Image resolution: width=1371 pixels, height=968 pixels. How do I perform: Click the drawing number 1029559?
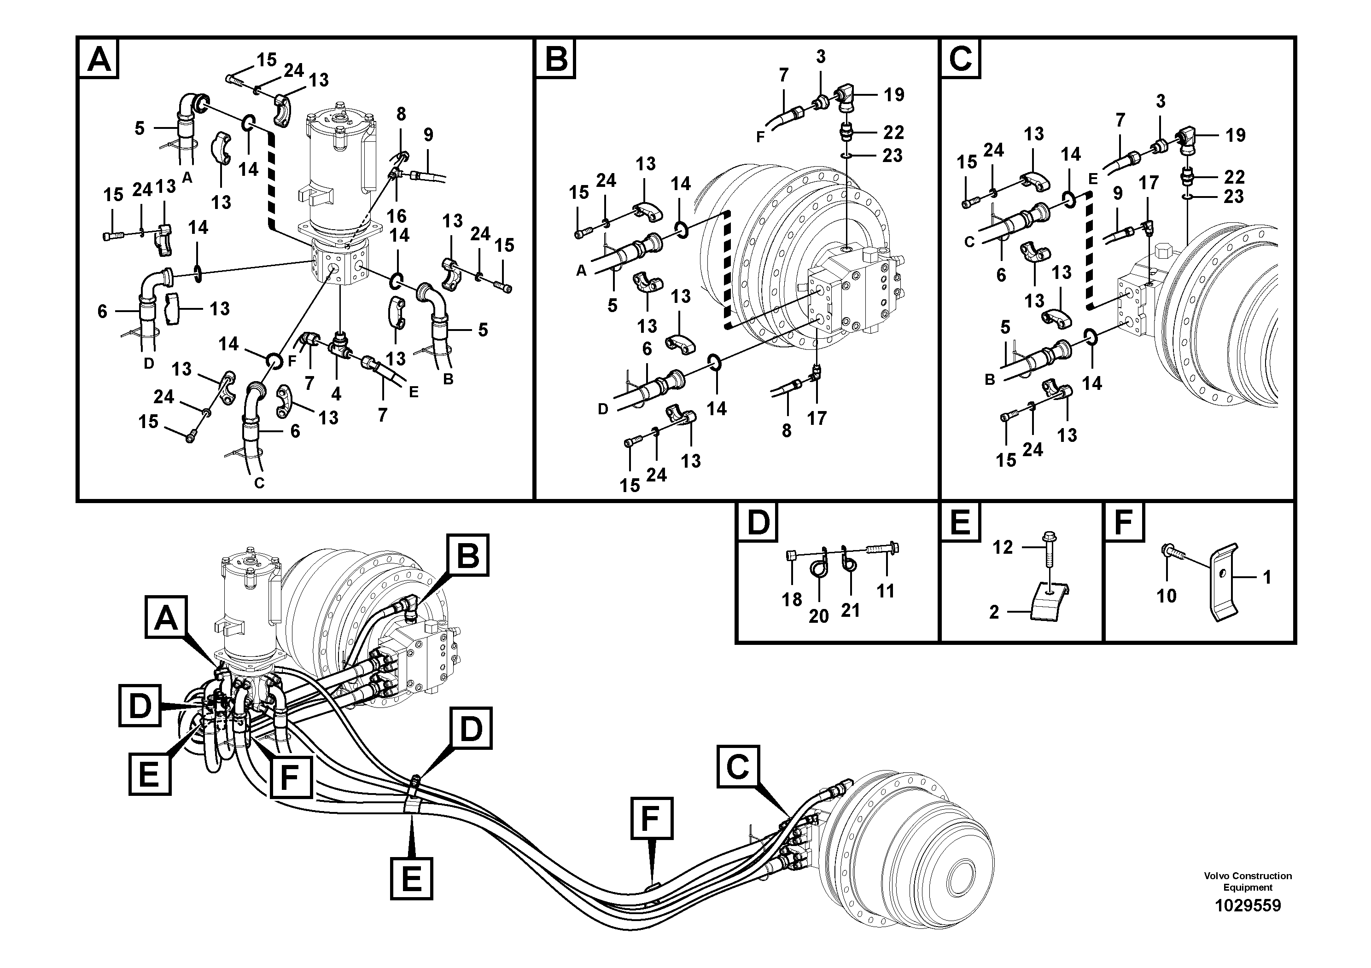tap(1248, 905)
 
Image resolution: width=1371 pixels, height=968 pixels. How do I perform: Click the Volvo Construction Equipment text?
tap(1248, 881)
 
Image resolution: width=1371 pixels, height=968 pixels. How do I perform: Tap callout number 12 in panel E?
tap(1003, 547)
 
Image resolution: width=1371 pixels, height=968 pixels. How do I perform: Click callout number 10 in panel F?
tap(1166, 595)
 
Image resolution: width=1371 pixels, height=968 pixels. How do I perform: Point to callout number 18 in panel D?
tap(792, 599)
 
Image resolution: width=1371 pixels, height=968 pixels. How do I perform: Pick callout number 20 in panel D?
tap(819, 615)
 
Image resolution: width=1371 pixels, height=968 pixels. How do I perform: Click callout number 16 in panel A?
tap(397, 215)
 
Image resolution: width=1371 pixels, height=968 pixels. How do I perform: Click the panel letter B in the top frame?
tap(556, 59)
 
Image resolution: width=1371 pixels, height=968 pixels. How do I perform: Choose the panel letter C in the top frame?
tap(960, 59)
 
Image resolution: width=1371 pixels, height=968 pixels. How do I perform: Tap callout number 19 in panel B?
tap(894, 94)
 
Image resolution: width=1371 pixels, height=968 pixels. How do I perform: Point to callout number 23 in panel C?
tap(1233, 196)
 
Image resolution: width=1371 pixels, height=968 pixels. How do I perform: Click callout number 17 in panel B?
tap(817, 418)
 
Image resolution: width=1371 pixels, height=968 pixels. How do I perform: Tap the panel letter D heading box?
tap(758, 523)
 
